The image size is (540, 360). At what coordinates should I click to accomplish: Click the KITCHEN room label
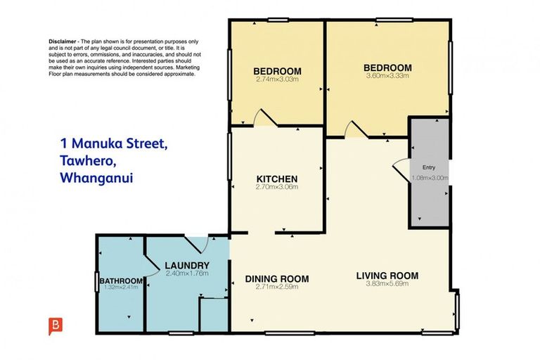[x=277, y=179]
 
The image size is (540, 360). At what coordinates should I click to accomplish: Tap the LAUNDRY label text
[x=187, y=266]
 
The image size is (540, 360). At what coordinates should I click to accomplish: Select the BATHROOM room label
[x=121, y=281]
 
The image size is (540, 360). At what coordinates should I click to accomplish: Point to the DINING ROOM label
[x=277, y=278]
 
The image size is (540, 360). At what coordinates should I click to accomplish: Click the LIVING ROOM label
[x=387, y=276]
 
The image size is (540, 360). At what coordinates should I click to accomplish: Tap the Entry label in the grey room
[x=429, y=167]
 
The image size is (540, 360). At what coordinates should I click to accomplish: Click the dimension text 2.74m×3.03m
[x=277, y=79]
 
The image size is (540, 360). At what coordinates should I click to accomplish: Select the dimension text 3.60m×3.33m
[x=387, y=75]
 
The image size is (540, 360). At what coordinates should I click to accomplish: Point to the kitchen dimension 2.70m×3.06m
[x=277, y=187]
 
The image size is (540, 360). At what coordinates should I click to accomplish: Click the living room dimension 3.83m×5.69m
[x=387, y=283]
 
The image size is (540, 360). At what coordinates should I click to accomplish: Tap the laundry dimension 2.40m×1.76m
[x=187, y=274]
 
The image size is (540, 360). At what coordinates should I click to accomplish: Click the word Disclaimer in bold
[x=63, y=41]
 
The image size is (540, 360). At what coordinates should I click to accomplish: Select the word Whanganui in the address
[x=96, y=178]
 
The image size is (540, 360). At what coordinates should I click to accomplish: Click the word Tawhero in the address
[x=88, y=161]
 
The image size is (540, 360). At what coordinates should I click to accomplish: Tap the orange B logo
[x=56, y=326]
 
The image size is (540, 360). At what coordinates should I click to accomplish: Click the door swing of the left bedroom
[x=264, y=118]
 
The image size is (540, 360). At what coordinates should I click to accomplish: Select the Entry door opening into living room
[x=401, y=169]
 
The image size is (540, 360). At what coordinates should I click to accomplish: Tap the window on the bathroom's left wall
[x=97, y=282]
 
